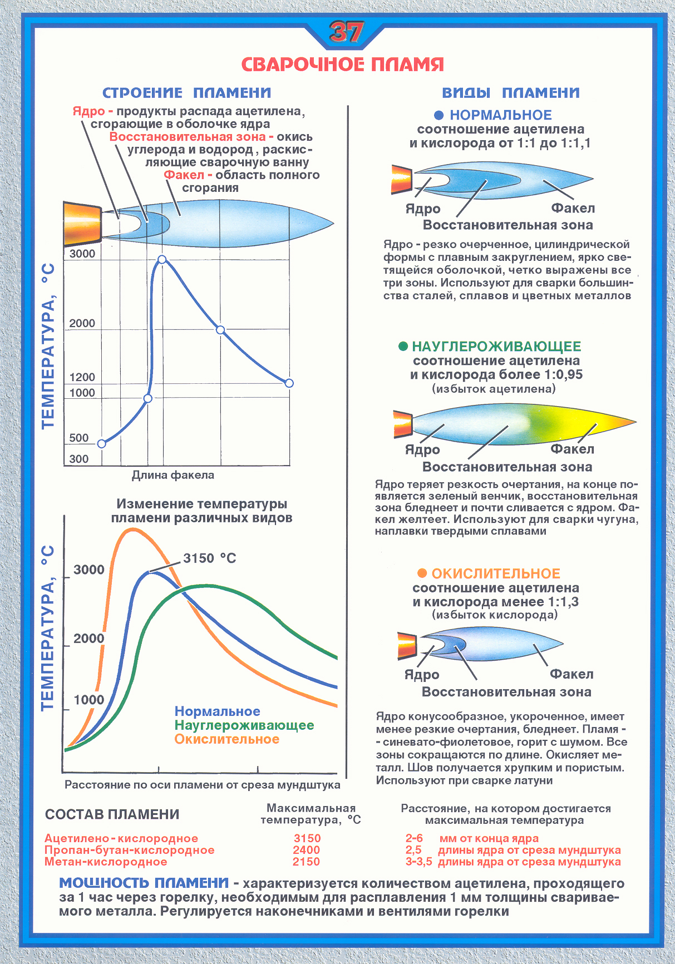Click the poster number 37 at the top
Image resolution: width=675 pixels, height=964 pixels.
click(x=346, y=33)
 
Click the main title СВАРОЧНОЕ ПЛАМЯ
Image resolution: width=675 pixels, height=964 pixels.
click(x=343, y=65)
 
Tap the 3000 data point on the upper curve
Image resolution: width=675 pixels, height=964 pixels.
click(x=162, y=259)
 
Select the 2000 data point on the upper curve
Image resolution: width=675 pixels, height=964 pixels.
click(x=220, y=330)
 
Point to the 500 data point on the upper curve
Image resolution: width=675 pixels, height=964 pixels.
click(x=101, y=443)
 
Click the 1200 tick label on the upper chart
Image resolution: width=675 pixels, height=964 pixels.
click(x=82, y=377)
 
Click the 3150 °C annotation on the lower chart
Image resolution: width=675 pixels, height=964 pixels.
click(x=209, y=558)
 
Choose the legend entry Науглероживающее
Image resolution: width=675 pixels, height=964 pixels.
click(x=244, y=725)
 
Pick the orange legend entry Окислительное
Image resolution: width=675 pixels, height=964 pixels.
click(x=226, y=739)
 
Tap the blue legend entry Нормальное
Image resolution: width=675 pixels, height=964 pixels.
click(x=217, y=711)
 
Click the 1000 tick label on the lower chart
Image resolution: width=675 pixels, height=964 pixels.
click(x=89, y=700)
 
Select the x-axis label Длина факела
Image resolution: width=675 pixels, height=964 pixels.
click(x=173, y=475)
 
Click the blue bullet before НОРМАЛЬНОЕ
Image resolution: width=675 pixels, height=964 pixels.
click(x=438, y=115)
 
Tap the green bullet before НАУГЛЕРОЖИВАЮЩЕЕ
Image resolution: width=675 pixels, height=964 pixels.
click(x=403, y=347)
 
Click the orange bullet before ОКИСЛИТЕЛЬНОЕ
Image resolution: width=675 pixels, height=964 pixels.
click(x=422, y=574)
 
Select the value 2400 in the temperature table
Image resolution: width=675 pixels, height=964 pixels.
click(x=306, y=850)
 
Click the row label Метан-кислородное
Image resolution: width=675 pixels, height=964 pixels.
click(x=106, y=862)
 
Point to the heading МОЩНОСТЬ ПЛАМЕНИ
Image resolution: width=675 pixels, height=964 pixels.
click(x=144, y=883)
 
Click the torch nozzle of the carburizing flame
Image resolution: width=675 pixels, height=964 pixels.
click(x=402, y=424)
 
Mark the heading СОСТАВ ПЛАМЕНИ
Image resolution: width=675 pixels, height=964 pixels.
click(x=112, y=814)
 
